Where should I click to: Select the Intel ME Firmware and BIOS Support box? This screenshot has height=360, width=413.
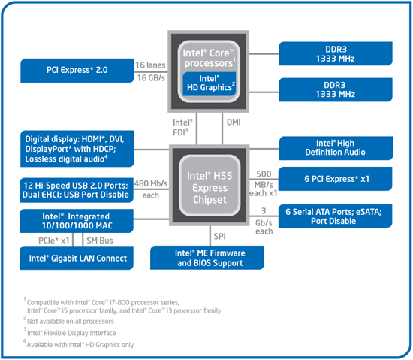211,258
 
